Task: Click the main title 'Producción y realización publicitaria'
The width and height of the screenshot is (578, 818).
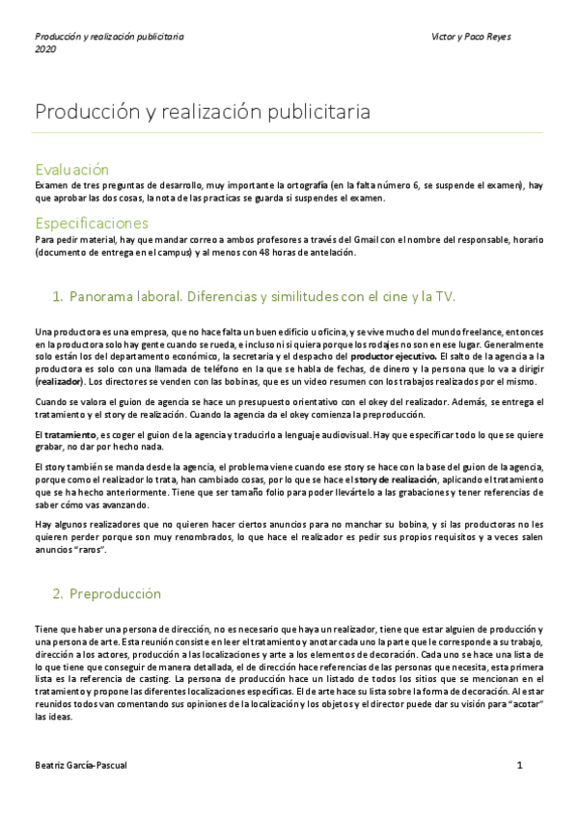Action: point(202,112)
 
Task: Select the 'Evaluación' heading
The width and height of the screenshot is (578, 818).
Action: point(71,170)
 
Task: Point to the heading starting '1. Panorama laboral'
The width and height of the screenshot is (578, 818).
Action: point(253,296)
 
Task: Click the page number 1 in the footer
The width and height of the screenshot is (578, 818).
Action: point(519,765)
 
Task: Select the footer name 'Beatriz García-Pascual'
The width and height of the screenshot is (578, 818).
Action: point(80,765)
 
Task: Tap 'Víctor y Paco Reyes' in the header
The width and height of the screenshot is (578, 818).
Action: point(472,37)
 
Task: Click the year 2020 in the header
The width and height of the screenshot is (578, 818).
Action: point(45,49)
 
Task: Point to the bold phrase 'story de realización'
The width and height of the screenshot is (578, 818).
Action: point(394,479)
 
